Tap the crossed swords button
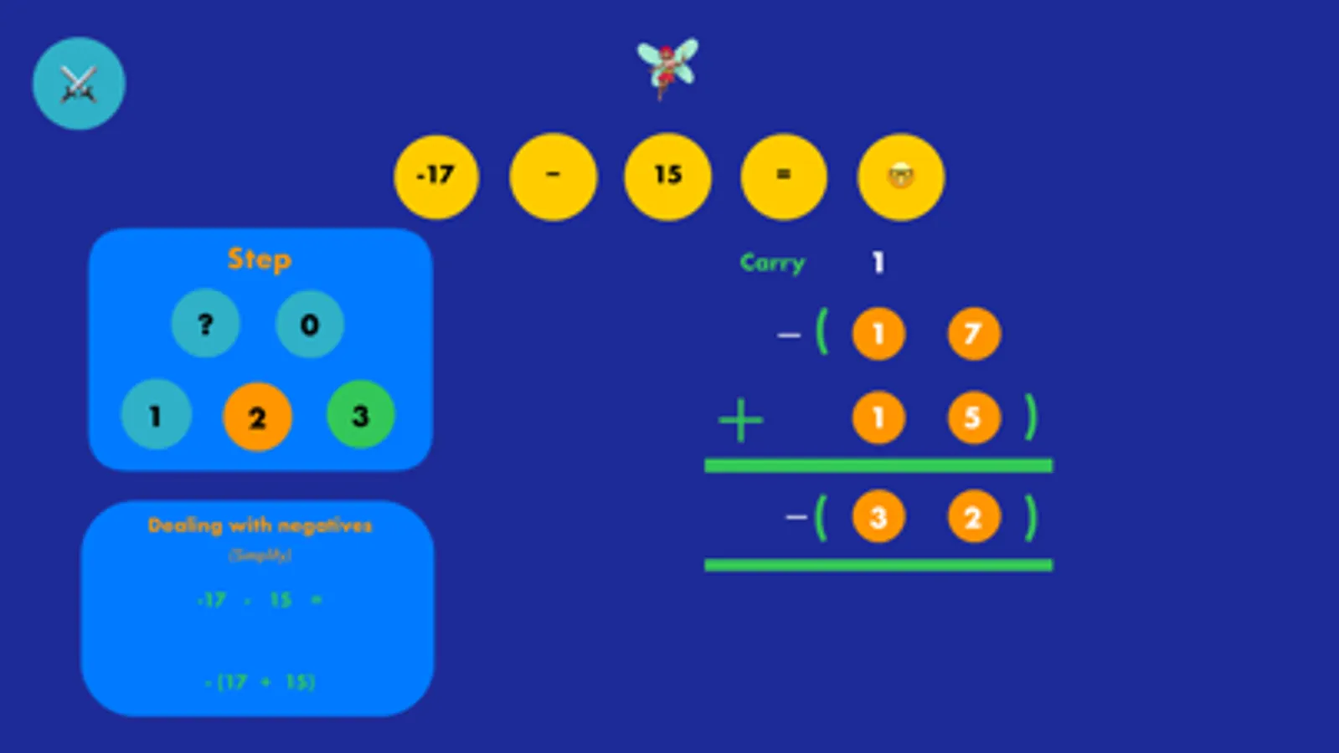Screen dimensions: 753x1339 (x=79, y=84)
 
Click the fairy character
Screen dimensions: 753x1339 (x=667, y=67)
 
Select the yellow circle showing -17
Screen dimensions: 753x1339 (x=436, y=176)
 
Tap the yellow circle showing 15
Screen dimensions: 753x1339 (x=667, y=176)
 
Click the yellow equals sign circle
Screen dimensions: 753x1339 (x=784, y=176)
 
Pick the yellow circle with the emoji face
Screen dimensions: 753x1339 (x=900, y=177)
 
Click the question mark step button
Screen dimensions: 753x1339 (x=206, y=324)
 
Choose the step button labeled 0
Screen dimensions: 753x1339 (x=309, y=324)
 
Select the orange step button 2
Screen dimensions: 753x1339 (x=257, y=417)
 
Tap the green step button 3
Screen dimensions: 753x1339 (x=360, y=415)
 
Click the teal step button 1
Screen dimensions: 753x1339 (x=156, y=415)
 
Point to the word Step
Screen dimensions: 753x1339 (x=260, y=259)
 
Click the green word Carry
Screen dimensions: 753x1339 (x=772, y=263)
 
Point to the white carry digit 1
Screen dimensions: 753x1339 (x=878, y=263)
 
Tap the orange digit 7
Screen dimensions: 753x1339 (x=973, y=335)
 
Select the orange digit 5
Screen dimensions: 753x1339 (x=973, y=417)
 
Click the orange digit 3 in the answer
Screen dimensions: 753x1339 (x=878, y=518)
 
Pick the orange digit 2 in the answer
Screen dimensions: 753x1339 (x=973, y=518)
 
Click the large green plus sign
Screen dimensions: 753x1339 (x=741, y=420)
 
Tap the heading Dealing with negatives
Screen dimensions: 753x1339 (x=260, y=525)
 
